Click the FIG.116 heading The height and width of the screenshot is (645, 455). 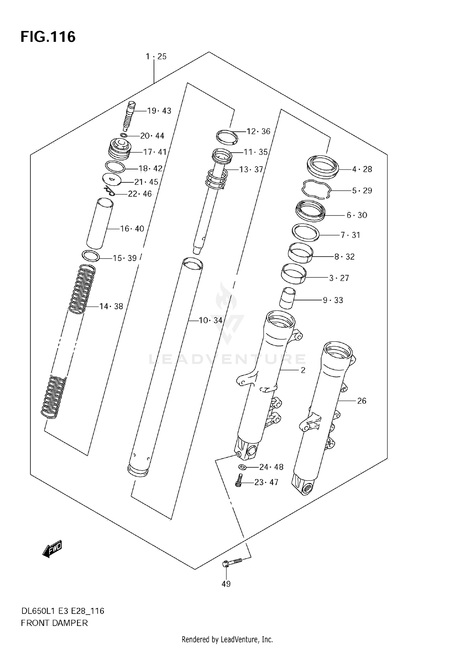coord(48,37)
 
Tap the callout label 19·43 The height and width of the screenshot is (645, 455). coord(159,111)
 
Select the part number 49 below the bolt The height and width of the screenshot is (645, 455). coord(226,583)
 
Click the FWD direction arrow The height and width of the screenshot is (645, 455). coord(52,549)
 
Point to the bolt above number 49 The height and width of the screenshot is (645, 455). coord(232,562)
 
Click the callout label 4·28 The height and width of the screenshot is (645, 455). coord(362,169)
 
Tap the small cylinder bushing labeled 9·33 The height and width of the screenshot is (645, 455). coord(287,298)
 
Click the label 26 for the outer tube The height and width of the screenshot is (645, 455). coord(362,401)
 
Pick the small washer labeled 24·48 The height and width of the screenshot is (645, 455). coord(242,467)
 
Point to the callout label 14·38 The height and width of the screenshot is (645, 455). coord(111,307)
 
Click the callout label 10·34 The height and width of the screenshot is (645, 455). coord(210,320)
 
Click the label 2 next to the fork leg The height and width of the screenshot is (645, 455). coord(303,370)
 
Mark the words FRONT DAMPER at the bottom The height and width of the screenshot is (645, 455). coord(54,623)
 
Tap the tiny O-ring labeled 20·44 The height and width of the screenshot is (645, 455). coord(124,135)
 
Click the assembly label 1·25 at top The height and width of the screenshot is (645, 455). coord(156,56)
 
